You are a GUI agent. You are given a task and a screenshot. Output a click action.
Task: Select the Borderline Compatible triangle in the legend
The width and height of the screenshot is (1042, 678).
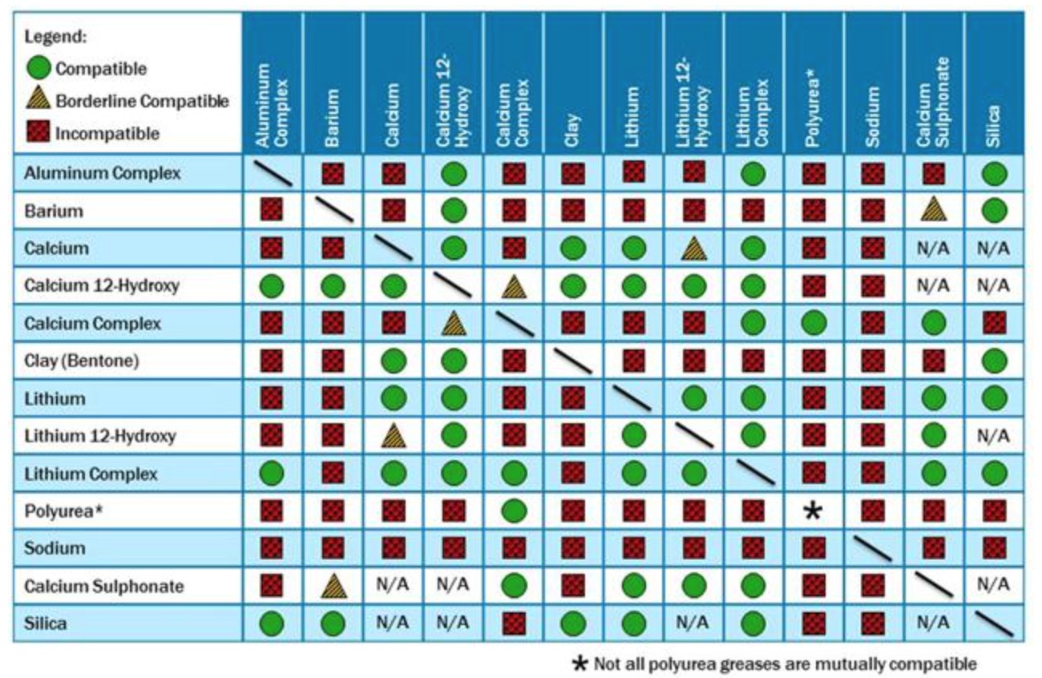click(41, 101)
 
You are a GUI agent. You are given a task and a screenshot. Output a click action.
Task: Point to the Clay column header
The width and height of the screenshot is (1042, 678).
click(573, 128)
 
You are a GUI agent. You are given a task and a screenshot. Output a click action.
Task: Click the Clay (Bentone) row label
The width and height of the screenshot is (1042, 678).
click(82, 361)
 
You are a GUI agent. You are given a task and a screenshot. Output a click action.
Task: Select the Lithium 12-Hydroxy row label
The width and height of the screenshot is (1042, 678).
click(100, 437)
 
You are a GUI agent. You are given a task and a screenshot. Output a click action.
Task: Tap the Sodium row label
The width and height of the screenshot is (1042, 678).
click(55, 549)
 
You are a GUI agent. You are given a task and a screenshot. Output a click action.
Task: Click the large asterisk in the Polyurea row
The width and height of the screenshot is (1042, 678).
click(813, 511)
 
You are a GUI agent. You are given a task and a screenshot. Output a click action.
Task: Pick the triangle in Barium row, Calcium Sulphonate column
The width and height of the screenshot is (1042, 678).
click(933, 210)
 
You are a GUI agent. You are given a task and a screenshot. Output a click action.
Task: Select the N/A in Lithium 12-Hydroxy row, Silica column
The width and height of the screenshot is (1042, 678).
click(994, 437)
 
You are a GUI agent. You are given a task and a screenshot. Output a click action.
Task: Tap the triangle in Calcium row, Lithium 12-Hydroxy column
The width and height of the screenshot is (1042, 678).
click(693, 248)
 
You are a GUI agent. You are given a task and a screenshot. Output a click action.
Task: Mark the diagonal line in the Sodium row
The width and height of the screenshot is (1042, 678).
click(873, 549)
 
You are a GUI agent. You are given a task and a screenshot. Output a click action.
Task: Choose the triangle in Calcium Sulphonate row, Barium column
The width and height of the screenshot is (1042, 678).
click(333, 587)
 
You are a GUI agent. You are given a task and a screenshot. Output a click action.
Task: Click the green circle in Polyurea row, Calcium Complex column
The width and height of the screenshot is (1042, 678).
click(513, 511)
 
